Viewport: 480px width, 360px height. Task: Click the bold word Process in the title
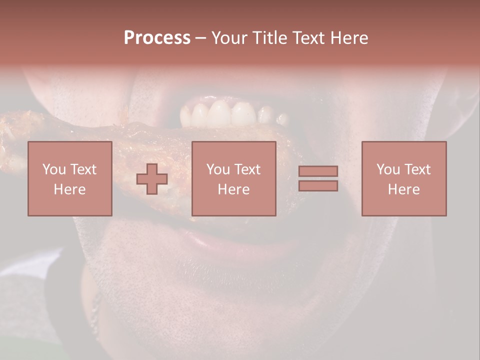[x=157, y=37]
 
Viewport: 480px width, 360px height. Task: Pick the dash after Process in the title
[x=200, y=38]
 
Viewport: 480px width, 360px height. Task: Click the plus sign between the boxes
[x=152, y=179]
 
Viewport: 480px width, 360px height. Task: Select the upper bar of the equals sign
[x=318, y=171]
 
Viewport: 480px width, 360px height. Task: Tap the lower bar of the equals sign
[x=318, y=185]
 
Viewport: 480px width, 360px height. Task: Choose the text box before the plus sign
[x=70, y=178]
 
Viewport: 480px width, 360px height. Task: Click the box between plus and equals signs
[x=234, y=178]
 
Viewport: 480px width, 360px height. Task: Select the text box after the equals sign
[x=404, y=178]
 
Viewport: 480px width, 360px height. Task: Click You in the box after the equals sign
[x=388, y=169]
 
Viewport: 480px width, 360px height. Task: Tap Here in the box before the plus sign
[x=69, y=189]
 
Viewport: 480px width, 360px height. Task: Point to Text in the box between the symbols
[x=248, y=169]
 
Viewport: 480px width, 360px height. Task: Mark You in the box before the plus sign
[x=54, y=169]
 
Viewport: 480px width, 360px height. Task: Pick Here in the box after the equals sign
[x=403, y=189]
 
